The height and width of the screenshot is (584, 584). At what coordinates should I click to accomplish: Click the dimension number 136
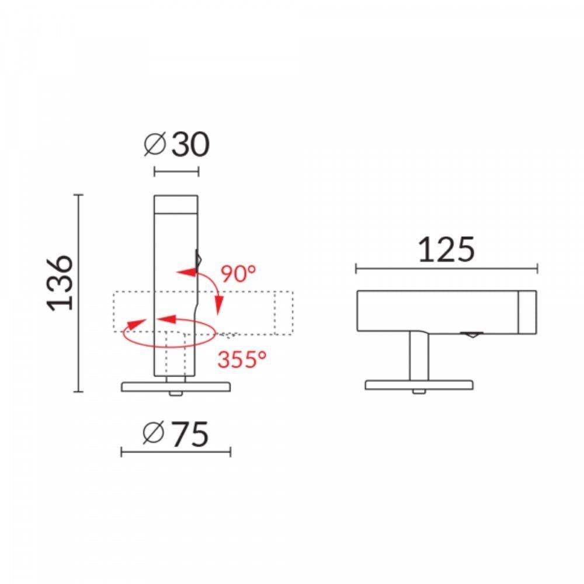click(x=61, y=282)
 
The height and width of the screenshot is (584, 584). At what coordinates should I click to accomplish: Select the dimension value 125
click(x=446, y=249)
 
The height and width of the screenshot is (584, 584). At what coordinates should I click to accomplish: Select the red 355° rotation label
click(x=242, y=359)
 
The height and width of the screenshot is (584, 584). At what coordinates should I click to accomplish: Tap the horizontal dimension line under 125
click(x=446, y=269)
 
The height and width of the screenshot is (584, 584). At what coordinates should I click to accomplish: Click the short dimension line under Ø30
click(x=176, y=171)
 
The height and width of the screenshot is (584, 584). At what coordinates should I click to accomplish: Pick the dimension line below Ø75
click(x=176, y=451)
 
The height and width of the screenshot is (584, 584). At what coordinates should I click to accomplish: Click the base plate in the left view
click(x=176, y=386)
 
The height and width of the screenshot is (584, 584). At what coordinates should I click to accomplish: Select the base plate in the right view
click(x=419, y=385)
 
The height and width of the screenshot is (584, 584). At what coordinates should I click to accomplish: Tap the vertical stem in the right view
click(x=419, y=356)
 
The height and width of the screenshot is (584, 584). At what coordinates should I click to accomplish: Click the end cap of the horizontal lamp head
click(x=527, y=312)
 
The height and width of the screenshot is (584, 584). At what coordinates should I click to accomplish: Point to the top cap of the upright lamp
click(x=176, y=205)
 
